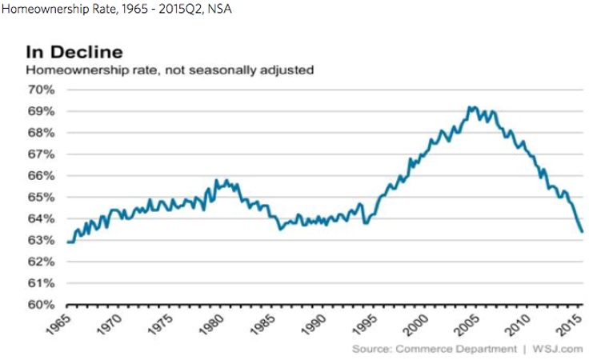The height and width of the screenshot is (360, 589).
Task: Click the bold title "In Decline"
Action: (x=74, y=53)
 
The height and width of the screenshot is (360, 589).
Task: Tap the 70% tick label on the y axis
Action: (x=42, y=89)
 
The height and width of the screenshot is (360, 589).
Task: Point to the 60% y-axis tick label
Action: (x=42, y=305)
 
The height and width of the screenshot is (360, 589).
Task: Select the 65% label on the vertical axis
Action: (x=42, y=197)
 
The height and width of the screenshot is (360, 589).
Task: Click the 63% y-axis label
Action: (x=42, y=240)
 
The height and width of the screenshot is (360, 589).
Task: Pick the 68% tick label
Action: (x=42, y=132)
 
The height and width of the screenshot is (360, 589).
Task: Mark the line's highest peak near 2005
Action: (x=471, y=106)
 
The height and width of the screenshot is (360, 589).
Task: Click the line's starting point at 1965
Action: (x=68, y=242)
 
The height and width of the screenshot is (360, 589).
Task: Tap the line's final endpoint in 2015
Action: (x=582, y=231)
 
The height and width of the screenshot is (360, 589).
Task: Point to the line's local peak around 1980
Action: (x=226, y=181)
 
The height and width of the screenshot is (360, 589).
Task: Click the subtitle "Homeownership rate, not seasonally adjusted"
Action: (x=170, y=70)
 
